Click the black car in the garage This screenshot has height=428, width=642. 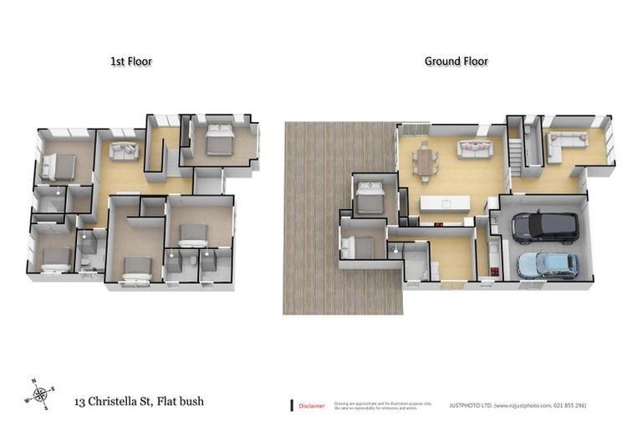544,225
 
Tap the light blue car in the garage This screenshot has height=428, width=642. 548,265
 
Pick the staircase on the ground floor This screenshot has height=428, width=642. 516,154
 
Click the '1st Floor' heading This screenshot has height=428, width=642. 131,61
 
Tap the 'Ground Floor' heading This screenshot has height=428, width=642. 456,61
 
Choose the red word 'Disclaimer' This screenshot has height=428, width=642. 312,405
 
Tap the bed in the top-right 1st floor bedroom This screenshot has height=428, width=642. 220,137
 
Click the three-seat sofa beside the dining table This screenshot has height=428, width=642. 474,149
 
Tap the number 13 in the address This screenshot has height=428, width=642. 80,401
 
